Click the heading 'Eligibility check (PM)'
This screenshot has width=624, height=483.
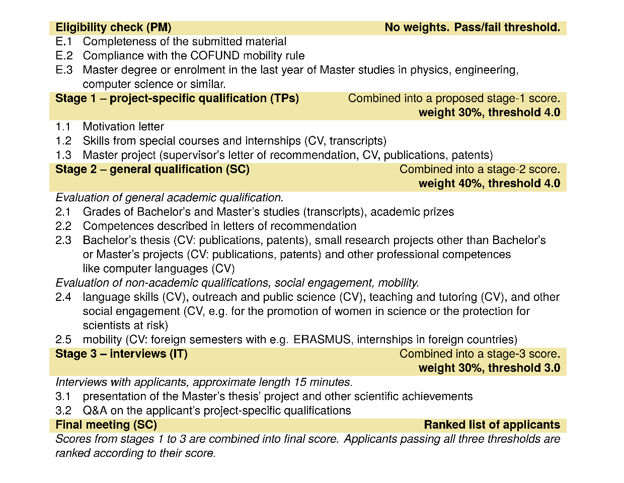(x=113, y=28)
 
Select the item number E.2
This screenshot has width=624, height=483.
(x=64, y=56)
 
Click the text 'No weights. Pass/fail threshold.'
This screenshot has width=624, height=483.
(x=472, y=28)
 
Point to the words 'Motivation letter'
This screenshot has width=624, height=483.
(x=123, y=127)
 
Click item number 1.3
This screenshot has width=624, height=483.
(x=63, y=155)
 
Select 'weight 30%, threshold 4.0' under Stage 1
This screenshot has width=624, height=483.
(x=489, y=113)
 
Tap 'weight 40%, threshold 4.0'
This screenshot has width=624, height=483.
(x=489, y=184)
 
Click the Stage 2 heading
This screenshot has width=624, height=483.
(x=152, y=170)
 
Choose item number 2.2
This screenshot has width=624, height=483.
(x=63, y=226)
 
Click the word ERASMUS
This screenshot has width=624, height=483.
(x=322, y=340)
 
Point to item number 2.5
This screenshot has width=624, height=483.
(x=63, y=340)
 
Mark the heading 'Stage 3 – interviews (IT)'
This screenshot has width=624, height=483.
(x=121, y=354)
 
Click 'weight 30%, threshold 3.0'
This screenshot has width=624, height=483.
(x=489, y=368)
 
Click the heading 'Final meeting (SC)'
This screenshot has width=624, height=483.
(x=106, y=425)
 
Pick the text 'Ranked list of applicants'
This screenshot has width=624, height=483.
(x=492, y=425)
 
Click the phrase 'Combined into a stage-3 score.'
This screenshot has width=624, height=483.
(x=480, y=354)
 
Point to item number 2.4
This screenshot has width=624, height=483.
(x=63, y=297)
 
